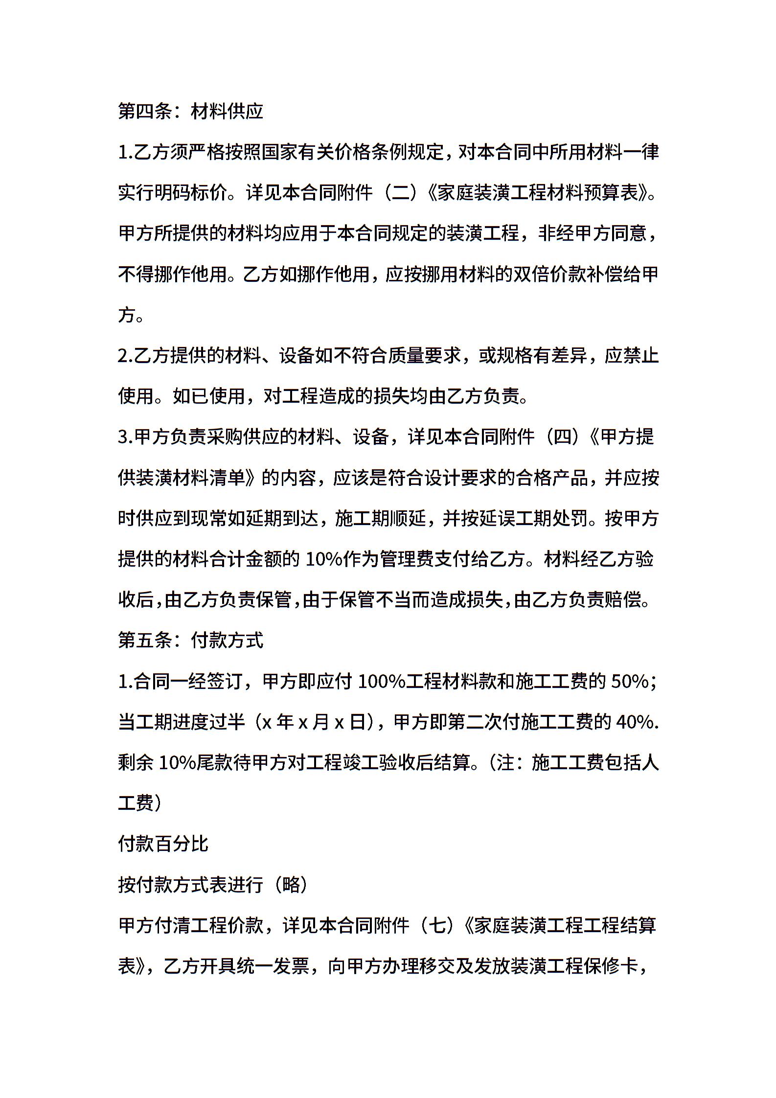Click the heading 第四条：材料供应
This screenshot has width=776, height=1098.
click(x=191, y=112)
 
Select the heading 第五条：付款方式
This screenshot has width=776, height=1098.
click(x=191, y=640)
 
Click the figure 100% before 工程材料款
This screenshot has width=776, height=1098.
click(x=381, y=681)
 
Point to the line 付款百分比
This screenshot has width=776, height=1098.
click(x=163, y=844)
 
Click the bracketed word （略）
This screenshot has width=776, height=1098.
click(x=291, y=884)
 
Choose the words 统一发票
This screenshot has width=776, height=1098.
click(x=254, y=966)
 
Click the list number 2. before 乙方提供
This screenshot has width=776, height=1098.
click(x=125, y=356)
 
